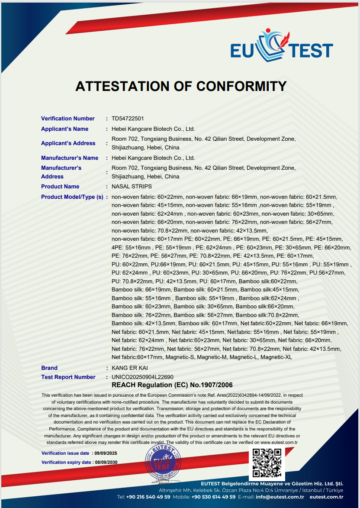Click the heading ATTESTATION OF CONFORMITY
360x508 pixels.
(x=181, y=86)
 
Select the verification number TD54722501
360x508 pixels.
(x=128, y=119)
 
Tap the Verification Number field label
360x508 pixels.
(x=67, y=119)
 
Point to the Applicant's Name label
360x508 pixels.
(x=64, y=129)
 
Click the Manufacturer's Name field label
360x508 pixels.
(x=70, y=158)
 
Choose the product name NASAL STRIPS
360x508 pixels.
(x=132, y=187)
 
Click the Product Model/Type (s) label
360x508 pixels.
(x=72, y=197)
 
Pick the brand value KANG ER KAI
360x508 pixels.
(x=129, y=368)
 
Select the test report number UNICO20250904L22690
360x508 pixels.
(x=142, y=377)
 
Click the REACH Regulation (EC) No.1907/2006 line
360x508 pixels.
(x=172, y=385)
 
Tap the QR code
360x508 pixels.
(x=267, y=463)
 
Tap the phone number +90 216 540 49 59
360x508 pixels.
(x=148, y=497)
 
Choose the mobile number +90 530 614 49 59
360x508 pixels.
(x=213, y=497)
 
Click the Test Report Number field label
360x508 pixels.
(x=68, y=377)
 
